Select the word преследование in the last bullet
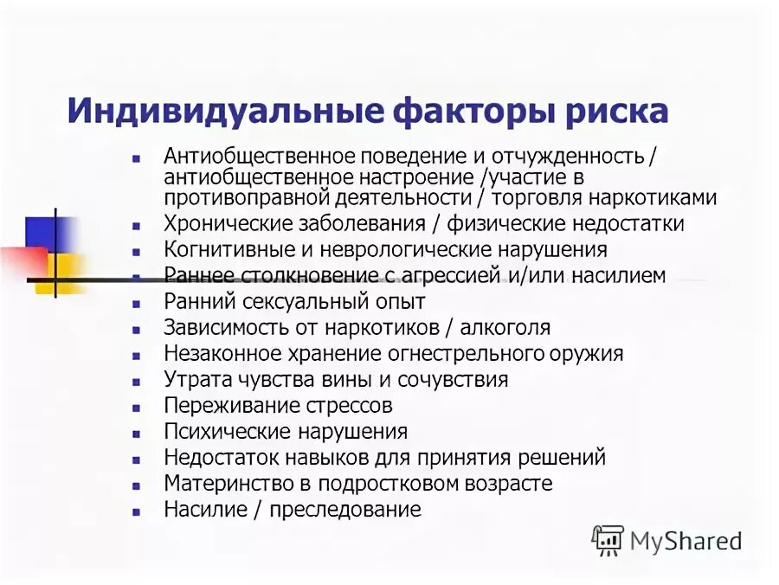pos(344,509)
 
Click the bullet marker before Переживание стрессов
pos(136,407)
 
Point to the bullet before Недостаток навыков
pos(136,459)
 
